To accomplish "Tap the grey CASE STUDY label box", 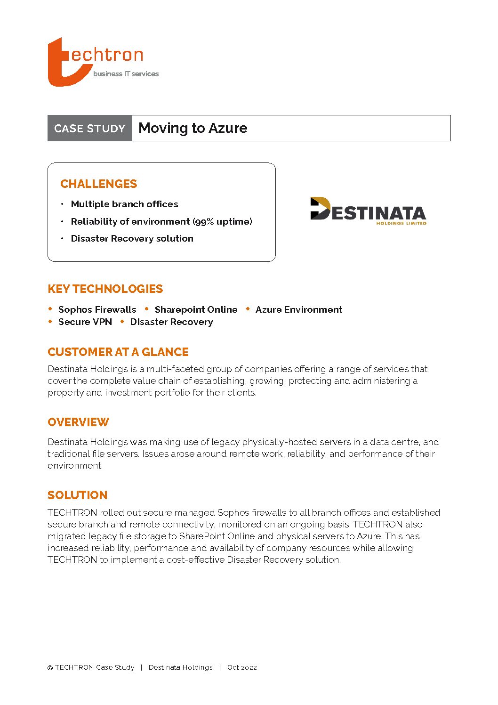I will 89,128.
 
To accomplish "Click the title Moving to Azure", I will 193,128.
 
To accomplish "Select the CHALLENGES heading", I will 99,184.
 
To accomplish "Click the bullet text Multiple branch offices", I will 124,204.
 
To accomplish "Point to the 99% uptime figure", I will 222,221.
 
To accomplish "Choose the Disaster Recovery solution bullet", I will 132,238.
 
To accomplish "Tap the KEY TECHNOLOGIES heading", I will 105,289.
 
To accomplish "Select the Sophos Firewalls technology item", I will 97,309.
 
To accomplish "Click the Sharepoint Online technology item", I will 196,309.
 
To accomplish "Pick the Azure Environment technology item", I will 299,309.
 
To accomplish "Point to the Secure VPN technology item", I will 85,322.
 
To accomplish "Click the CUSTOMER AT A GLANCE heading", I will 118,352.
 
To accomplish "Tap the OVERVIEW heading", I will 78,422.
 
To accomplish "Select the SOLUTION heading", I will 78,495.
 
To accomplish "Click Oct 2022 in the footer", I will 242,667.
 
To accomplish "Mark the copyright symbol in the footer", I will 50,668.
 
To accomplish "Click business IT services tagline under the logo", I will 126,74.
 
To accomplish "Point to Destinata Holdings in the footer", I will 180,667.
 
